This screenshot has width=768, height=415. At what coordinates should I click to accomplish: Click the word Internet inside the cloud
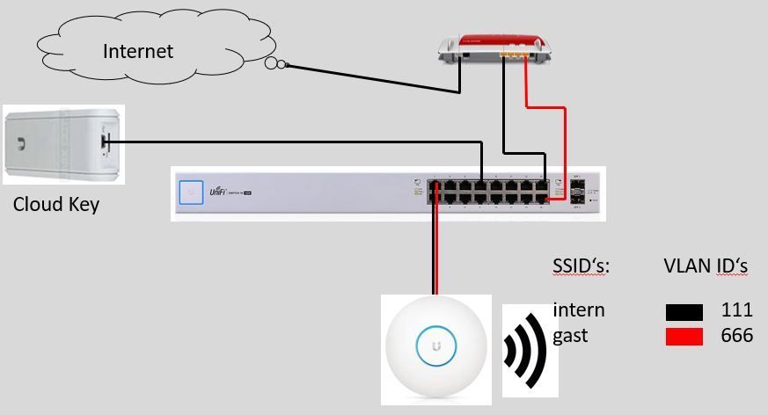(138, 51)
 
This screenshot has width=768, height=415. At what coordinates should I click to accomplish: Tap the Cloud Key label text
(56, 205)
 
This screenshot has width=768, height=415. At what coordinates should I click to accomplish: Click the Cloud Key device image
(62, 144)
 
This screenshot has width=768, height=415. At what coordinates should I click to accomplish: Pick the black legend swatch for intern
(684, 311)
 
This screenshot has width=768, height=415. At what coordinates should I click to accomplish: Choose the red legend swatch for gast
(684, 336)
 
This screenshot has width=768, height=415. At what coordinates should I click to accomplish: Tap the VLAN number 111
(736, 309)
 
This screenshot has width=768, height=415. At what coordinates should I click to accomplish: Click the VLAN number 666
(736, 335)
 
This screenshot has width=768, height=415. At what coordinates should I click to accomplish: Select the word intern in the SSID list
(579, 309)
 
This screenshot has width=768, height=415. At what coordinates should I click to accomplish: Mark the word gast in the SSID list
(571, 336)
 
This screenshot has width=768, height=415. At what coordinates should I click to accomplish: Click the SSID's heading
(581, 266)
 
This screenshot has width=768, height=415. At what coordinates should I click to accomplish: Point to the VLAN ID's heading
(705, 266)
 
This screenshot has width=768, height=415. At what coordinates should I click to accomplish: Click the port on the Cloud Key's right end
(105, 141)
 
